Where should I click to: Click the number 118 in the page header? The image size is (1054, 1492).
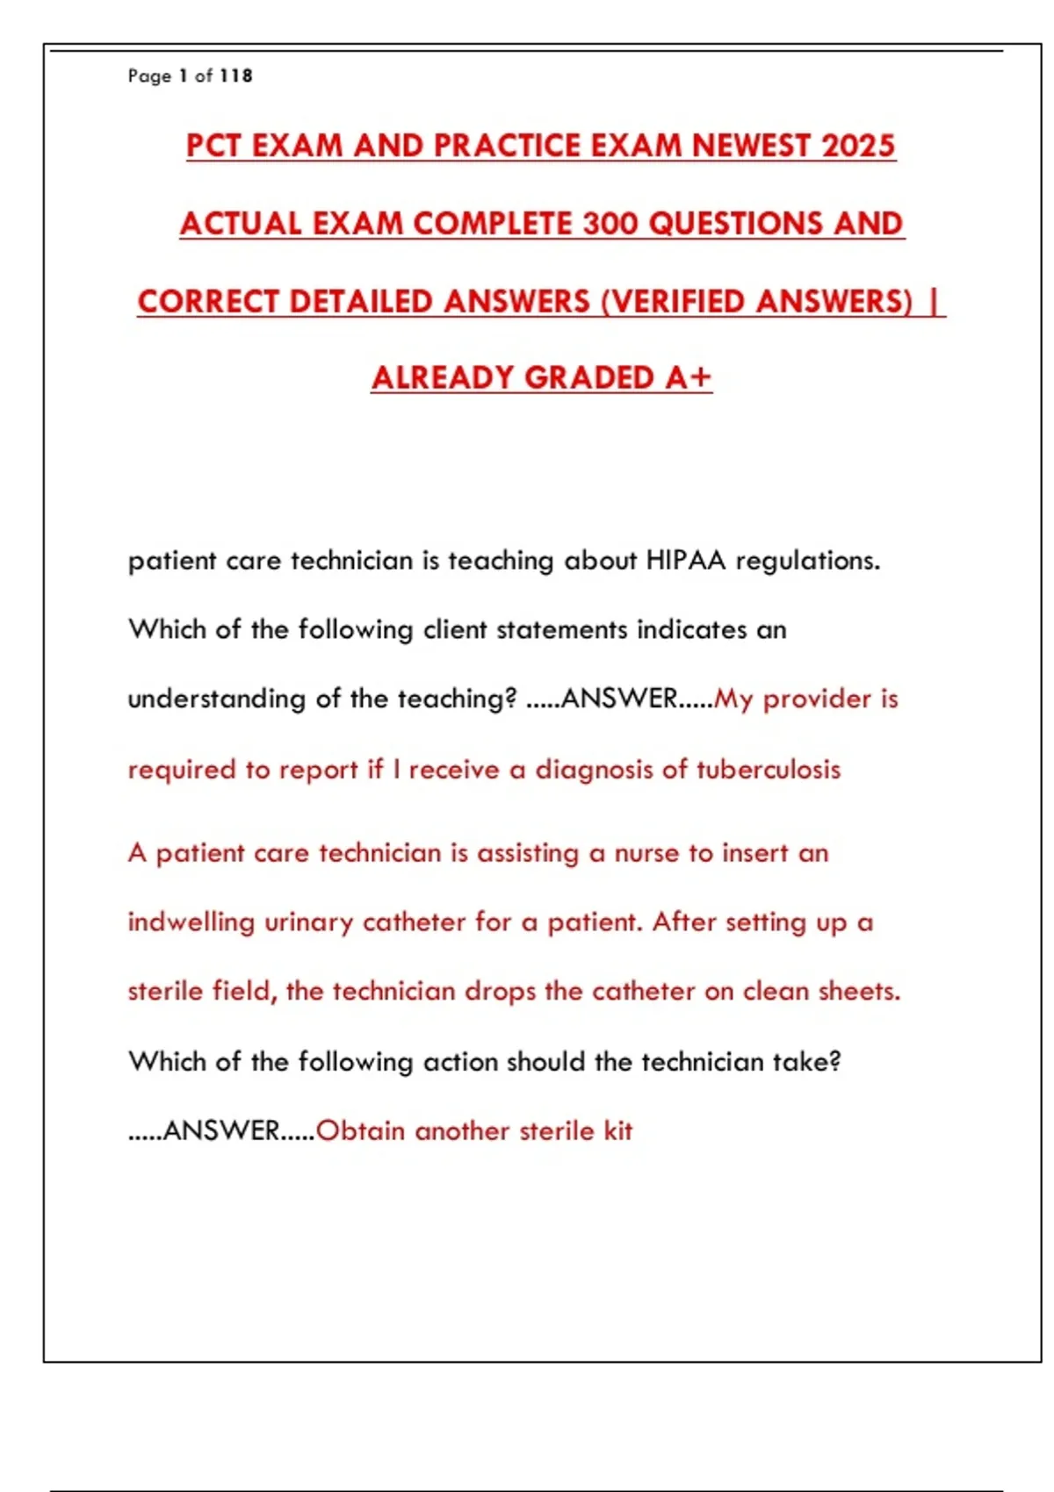(x=235, y=76)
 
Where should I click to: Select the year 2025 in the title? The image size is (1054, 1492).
(x=857, y=146)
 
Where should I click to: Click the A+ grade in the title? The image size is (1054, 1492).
(x=688, y=378)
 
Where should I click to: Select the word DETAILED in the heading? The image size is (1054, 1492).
(x=362, y=302)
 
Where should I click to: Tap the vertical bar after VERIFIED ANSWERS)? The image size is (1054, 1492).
(x=935, y=302)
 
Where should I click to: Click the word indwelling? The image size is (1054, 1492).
(x=191, y=922)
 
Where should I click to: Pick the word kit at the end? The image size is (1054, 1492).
(x=617, y=1131)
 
